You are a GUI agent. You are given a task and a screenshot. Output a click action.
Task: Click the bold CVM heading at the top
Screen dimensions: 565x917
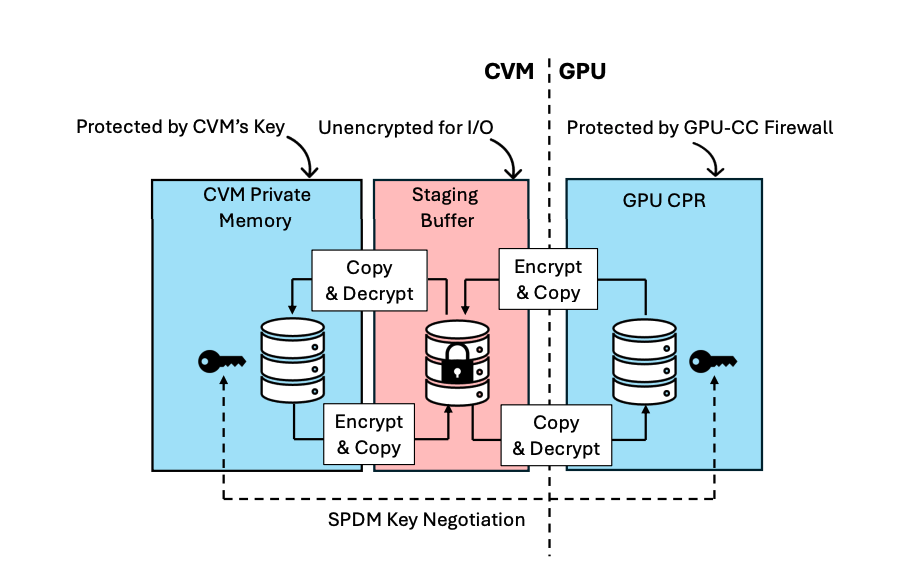pyautogui.click(x=510, y=72)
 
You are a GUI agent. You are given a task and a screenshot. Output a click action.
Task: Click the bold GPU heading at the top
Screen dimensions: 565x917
pyautogui.click(x=582, y=72)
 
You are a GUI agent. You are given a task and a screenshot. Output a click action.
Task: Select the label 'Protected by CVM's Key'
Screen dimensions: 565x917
pyautogui.click(x=181, y=127)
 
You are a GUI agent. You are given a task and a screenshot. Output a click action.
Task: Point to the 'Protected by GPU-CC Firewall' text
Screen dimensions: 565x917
pyautogui.click(x=700, y=128)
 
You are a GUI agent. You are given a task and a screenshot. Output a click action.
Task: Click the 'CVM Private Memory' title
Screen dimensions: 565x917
pyautogui.click(x=256, y=207)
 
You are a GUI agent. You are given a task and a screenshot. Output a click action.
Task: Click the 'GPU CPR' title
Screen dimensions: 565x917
pyautogui.click(x=663, y=200)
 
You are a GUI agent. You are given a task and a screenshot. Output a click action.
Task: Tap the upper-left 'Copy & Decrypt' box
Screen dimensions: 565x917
pyautogui.click(x=369, y=280)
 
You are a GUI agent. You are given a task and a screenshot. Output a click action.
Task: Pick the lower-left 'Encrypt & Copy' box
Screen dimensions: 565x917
pyautogui.click(x=368, y=434)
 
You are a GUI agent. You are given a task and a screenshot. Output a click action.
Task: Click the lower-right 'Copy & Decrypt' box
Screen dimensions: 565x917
pyautogui.click(x=556, y=435)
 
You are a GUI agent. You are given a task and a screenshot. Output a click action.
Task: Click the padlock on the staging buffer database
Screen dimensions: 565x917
pyautogui.click(x=457, y=364)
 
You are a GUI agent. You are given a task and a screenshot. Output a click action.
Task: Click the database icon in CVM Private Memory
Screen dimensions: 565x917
pyautogui.click(x=292, y=360)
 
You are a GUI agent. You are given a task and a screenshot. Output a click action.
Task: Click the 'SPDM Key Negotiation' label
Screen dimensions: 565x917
pyautogui.click(x=426, y=520)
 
